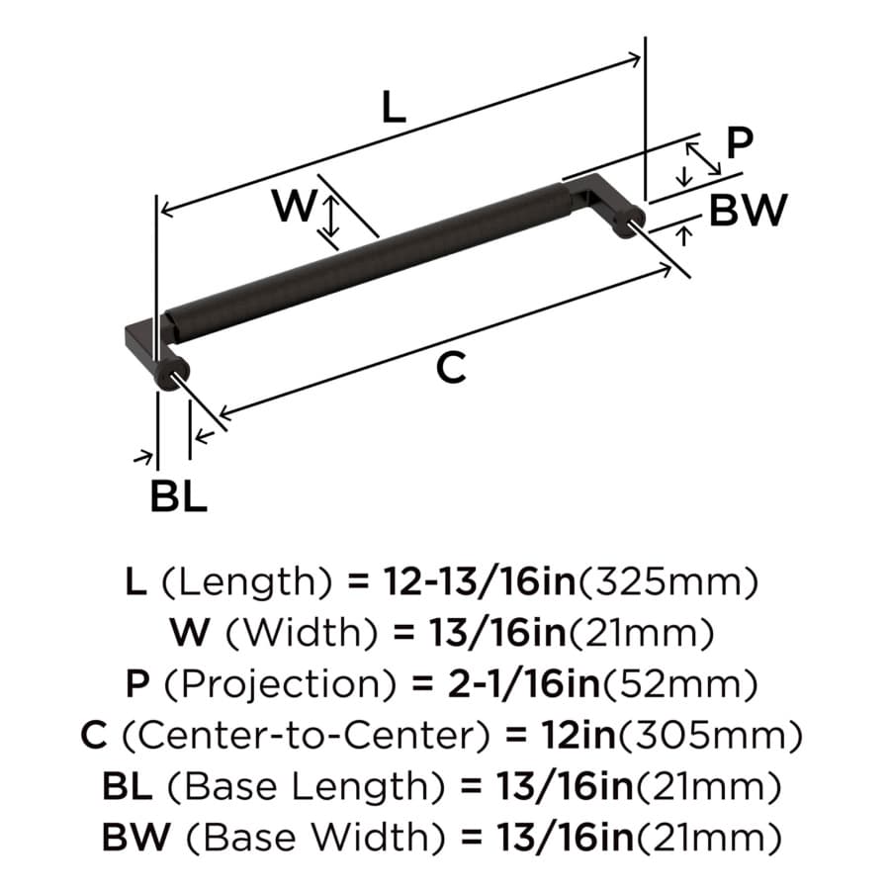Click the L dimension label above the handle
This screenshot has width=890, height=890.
click(394, 107)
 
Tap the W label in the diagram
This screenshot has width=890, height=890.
click(294, 206)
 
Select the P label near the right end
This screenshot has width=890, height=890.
click(740, 142)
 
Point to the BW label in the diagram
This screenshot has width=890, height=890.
click(749, 210)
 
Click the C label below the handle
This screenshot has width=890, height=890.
click(451, 367)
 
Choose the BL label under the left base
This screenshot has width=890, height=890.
click(178, 496)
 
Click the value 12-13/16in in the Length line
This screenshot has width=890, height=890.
click(480, 581)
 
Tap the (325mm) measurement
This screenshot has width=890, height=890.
click(667, 581)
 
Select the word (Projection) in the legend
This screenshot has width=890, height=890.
click(281, 684)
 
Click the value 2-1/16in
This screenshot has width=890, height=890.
click(524, 684)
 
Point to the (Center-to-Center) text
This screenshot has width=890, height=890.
click(306, 735)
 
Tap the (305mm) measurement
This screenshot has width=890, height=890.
click(710, 735)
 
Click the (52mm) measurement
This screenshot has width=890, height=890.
click(679, 684)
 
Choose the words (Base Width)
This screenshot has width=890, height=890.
click(315, 838)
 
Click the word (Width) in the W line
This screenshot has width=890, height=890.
click(302, 633)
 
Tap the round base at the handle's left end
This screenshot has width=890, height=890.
click(171, 373)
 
